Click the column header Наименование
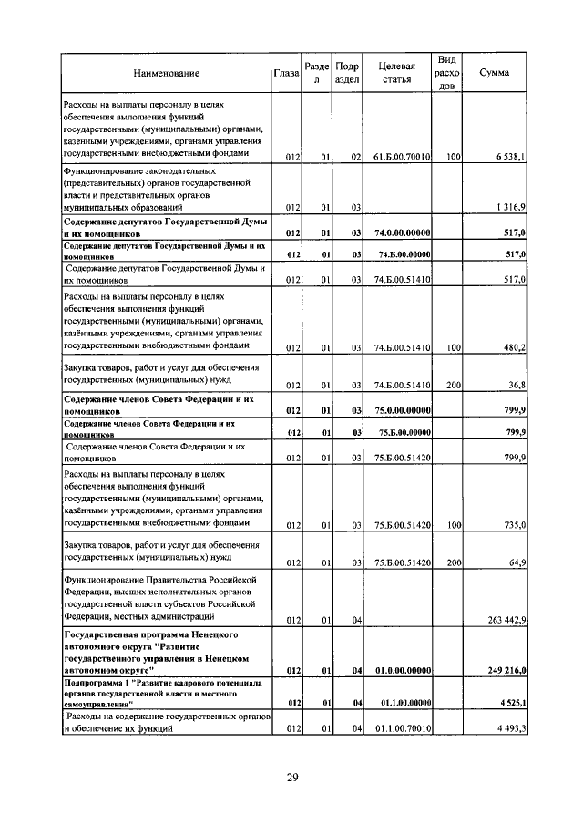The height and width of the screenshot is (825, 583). coord(166,73)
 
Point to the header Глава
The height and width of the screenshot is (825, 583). coord(287,73)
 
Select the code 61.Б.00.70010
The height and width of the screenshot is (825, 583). coord(402,157)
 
